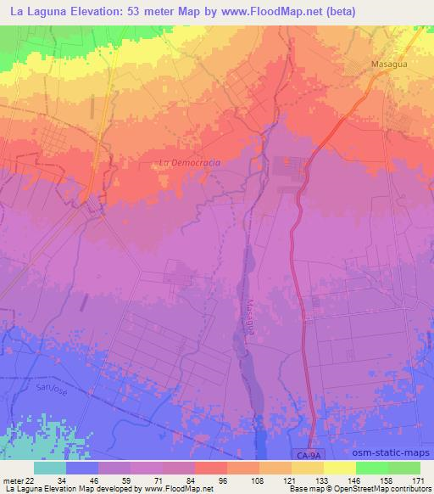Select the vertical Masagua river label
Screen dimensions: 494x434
click(x=250, y=317)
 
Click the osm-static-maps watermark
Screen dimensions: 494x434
click(x=392, y=457)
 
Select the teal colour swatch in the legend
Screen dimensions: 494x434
click(x=50, y=467)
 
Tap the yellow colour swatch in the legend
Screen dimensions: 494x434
click(x=340, y=467)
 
